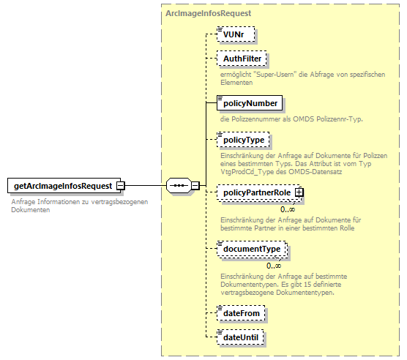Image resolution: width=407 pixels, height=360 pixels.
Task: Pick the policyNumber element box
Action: point(250,103)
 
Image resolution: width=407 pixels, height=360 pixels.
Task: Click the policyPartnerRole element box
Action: point(255,192)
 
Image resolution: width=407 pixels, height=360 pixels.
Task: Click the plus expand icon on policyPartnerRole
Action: point(299,192)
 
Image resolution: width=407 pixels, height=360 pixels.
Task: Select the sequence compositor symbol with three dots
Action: point(179,186)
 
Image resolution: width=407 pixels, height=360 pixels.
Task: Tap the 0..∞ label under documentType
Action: point(274,265)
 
